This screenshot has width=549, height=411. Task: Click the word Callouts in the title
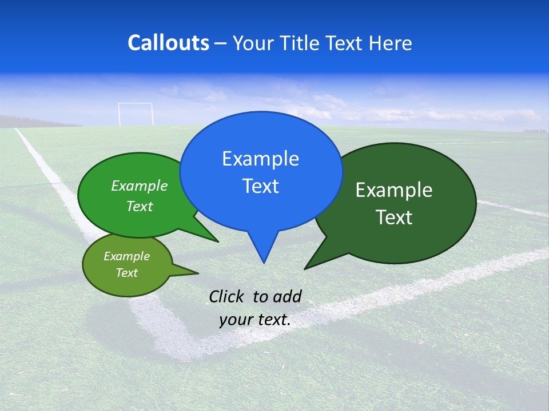click(x=168, y=43)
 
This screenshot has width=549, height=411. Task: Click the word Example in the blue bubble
click(x=260, y=159)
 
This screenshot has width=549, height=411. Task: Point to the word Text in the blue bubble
click(x=260, y=186)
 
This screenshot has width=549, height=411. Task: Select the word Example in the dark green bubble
click(x=394, y=190)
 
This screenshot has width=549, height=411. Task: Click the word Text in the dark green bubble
click(x=394, y=217)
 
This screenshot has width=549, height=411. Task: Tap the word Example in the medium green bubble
click(x=140, y=186)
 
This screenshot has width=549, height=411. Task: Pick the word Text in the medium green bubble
click(x=140, y=207)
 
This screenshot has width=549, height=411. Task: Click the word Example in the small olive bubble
click(x=126, y=256)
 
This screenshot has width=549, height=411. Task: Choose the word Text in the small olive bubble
click(x=126, y=273)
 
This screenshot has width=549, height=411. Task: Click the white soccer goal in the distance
click(x=136, y=114)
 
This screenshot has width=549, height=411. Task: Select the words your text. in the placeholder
click(x=255, y=320)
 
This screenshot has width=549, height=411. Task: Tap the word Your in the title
click(x=252, y=43)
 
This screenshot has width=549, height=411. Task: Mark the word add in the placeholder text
click(x=287, y=296)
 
